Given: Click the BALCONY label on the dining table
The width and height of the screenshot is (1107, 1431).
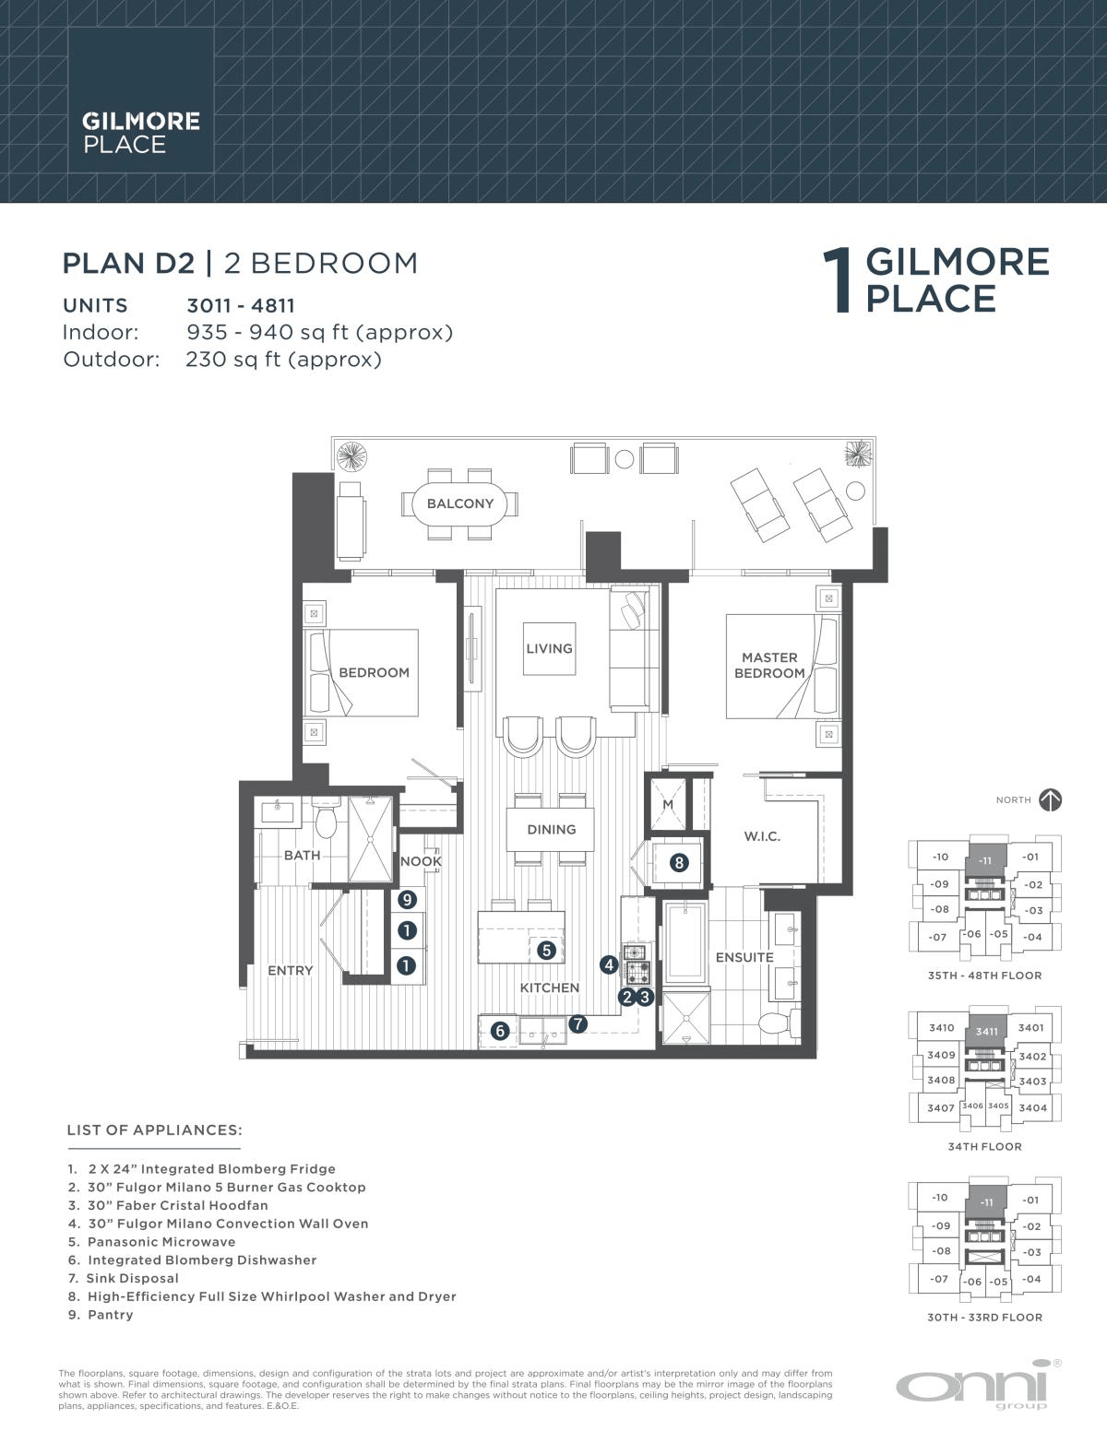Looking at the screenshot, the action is point(459,503).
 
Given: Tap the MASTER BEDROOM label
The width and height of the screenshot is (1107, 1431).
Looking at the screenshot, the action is point(769,665).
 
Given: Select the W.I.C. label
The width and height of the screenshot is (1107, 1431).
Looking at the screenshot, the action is point(762,836).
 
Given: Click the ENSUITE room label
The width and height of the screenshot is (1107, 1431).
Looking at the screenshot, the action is point(744,957).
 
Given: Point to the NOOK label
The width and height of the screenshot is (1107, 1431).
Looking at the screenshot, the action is point(421,861).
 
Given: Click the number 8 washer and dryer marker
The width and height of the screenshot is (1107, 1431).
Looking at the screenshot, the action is point(679,862).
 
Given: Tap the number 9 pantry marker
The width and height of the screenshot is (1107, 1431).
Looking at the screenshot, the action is point(407,899).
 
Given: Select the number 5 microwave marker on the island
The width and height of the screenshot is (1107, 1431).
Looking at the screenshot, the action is point(546,951).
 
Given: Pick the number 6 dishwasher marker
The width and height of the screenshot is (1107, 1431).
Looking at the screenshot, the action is point(500,1031).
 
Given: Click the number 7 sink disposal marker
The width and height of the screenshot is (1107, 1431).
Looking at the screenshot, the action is point(577,1024).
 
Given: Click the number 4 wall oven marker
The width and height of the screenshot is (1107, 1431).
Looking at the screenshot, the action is point(609,965).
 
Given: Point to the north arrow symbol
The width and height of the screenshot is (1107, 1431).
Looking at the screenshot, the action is point(1051,800).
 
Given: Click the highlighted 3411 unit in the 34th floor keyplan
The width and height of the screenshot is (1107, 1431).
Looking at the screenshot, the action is point(986,1031).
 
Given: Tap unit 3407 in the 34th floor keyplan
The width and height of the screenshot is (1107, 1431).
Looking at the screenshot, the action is point(940,1107).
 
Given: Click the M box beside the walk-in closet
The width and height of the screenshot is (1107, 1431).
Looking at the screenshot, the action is point(668,804).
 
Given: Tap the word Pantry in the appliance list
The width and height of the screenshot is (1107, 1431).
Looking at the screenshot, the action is point(110,1315).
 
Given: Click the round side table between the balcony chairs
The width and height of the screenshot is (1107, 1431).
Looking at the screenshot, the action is point(624,458).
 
